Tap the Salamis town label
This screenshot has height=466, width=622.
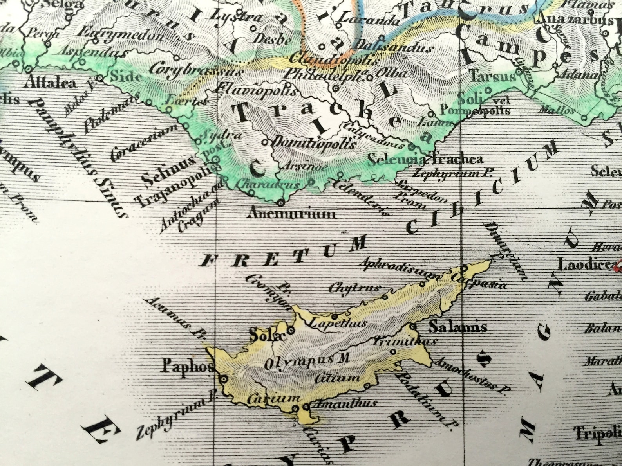457,327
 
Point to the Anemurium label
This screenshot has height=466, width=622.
292,214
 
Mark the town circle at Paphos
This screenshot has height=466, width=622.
224,379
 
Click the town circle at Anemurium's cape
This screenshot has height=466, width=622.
280,203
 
